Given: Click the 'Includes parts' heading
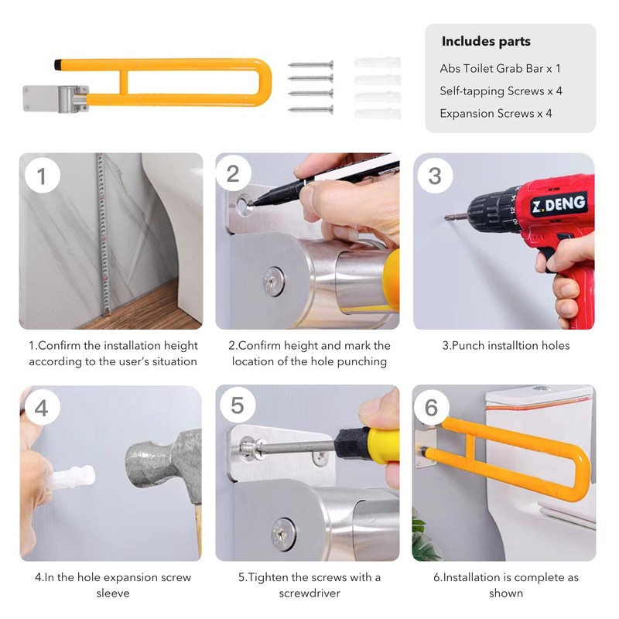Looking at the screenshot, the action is [486, 41].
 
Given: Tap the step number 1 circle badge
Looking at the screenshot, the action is [43, 175].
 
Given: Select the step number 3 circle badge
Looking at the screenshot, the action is [435, 176].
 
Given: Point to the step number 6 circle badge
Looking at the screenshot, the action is [431, 407].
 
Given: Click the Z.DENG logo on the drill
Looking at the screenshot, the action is [558, 203].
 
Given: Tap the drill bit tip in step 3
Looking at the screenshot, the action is [446, 217].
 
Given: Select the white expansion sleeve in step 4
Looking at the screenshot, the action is [74, 477].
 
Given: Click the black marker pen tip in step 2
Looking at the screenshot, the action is [255, 203].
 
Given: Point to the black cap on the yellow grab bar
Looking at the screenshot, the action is [57, 65].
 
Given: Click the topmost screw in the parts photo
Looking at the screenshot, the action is [311, 64].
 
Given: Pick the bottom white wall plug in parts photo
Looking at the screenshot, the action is [378, 114].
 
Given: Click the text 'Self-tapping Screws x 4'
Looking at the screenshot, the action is [501, 91].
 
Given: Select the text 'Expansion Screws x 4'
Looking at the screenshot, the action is [496, 114].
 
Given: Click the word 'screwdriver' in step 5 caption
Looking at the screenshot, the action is [309, 593].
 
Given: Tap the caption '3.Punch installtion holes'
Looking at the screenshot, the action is [506, 346].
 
